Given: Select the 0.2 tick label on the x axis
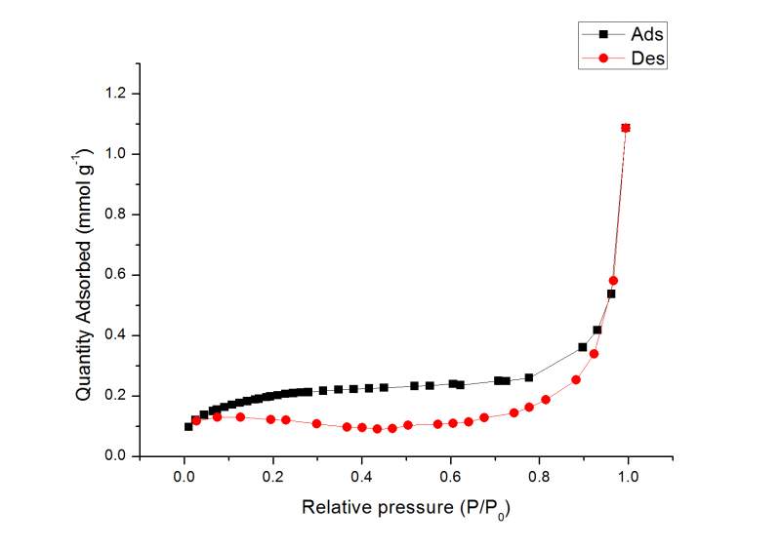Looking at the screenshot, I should (273, 476).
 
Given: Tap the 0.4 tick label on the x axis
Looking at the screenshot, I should (362, 476).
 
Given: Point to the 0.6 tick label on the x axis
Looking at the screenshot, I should (451, 476).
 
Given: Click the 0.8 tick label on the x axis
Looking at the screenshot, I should (540, 476).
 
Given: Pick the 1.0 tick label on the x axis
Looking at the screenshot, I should (629, 476).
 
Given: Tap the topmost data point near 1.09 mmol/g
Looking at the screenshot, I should (626, 128).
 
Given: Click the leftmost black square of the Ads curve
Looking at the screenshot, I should (188, 426).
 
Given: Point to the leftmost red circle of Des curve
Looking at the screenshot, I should (196, 420).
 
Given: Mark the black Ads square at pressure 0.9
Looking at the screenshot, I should (583, 347).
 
